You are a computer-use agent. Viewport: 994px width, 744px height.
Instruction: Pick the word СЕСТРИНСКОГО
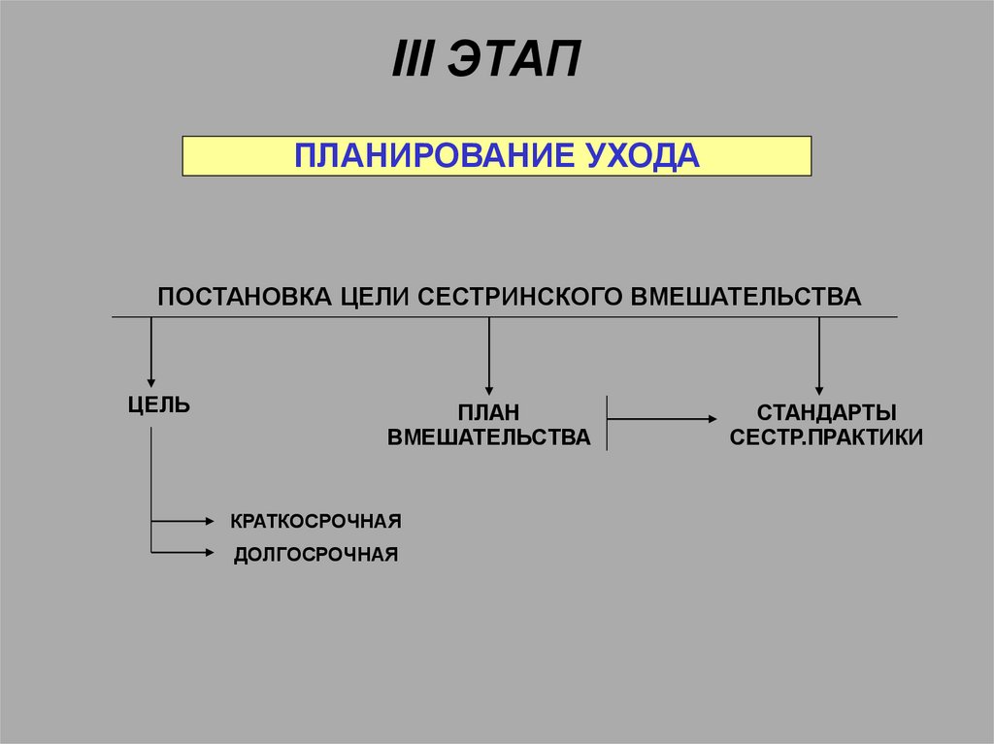pyautogui.click(x=522, y=296)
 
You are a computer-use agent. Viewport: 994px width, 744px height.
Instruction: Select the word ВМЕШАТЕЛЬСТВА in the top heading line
pyautogui.click(x=746, y=296)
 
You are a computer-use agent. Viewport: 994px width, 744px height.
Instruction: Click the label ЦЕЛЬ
pyautogui.click(x=159, y=404)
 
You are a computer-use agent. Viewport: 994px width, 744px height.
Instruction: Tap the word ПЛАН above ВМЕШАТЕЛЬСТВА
pyautogui.click(x=488, y=413)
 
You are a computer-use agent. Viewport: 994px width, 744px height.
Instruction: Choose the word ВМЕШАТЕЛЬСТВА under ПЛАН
pyautogui.click(x=488, y=437)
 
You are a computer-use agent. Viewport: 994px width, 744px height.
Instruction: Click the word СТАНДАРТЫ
pyautogui.click(x=826, y=413)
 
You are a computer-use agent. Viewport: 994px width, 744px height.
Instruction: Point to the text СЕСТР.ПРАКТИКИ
pyautogui.click(x=826, y=437)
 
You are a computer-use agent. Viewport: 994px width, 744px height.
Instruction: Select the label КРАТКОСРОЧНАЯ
pyautogui.click(x=315, y=522)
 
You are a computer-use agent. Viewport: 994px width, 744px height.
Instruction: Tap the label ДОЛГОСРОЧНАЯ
pyautogui.click(x=315, y=555)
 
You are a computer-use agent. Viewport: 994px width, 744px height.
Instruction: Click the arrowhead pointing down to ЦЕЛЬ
pyautogui.click(x=150, y=382)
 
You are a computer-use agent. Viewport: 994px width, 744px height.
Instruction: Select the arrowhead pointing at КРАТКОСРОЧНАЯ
pyautogui.click(x=209, y=522)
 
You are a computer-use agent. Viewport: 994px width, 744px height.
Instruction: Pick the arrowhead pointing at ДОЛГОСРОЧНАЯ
pyautogui.click(x=209, y=553)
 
